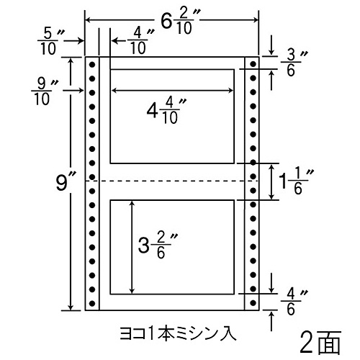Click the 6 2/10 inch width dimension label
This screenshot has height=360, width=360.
point(178,21)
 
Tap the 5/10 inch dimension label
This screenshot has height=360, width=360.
point(50,41)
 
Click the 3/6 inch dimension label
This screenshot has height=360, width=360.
point(293,63)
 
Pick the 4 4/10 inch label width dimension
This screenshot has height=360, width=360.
point(166,111)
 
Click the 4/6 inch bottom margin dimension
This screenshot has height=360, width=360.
point(293,302)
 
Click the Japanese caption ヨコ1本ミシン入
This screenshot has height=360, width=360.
point(178,333)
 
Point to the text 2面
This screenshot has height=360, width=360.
point(320,342)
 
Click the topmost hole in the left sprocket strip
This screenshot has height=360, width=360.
point(92,64)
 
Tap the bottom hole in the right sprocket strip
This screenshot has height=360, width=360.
point(253,302)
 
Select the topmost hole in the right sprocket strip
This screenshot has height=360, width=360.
point(253,64)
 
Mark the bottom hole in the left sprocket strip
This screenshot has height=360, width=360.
point(92,303)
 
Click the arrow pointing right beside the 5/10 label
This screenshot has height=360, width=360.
point(73,41)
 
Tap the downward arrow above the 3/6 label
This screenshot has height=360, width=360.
point(271,45)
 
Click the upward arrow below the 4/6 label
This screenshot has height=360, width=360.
point(271,321)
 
